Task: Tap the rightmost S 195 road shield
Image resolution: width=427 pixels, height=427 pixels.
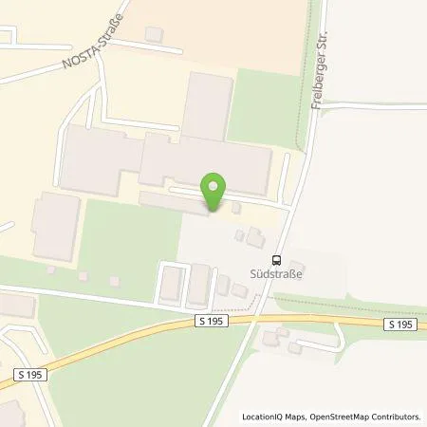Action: (400, 325)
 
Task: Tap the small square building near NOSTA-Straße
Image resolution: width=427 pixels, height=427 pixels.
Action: (153, 35)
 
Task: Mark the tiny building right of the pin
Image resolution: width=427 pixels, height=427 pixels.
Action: (236, 208)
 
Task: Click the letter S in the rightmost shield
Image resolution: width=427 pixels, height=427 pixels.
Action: (391, 325)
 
